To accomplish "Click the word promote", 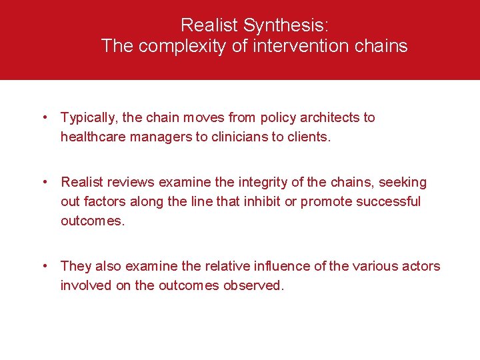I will (324, 201).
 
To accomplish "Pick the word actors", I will (422, 266).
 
